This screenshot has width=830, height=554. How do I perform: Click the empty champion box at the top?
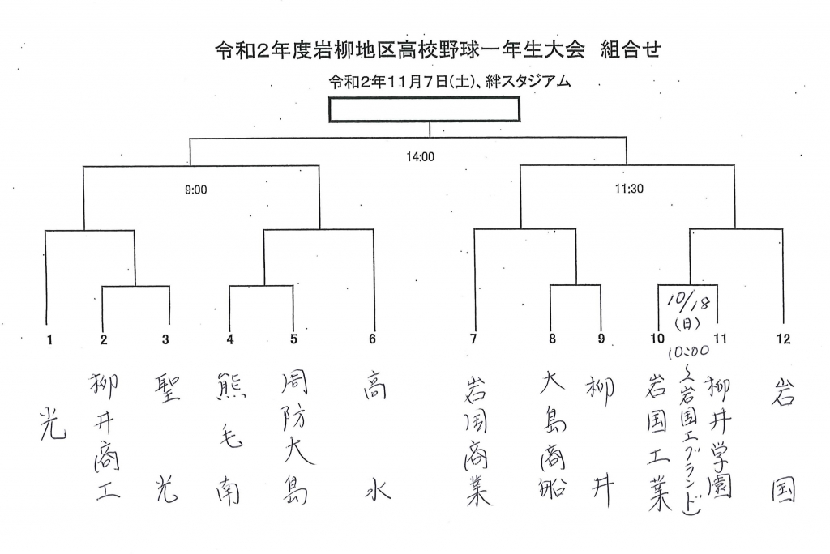click(424, 109)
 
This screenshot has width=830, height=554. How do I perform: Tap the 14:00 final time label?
click(421, 156)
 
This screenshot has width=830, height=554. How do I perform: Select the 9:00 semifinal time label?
click(196, 190)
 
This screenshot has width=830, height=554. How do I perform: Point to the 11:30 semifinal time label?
click(629, 189)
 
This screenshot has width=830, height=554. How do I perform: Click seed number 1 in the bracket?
click(49, 339)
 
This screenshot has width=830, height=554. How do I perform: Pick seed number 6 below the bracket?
click(372, 339)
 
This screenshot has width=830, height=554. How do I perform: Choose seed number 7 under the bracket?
click(473, 339)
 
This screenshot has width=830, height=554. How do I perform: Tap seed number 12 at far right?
click(784, 339)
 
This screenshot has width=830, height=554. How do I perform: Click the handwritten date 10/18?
click(689, 300)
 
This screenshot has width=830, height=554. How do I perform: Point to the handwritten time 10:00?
click(688, 352)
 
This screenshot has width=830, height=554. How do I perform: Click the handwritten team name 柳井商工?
click(105, 437)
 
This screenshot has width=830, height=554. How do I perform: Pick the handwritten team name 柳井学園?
click(720, 437)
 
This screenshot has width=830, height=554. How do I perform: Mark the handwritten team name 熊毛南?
click(231, 438)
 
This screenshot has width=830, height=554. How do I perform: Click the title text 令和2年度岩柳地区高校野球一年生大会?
click(400, 50)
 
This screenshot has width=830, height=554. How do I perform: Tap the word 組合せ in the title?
click(631, 49)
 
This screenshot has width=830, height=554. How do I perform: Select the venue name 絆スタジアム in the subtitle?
click(528, 82)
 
